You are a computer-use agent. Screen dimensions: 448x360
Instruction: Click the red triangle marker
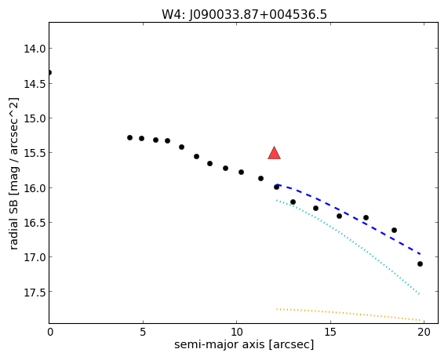[x=274, y=153]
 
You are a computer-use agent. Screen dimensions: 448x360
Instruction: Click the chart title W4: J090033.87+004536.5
[x=244, y=14]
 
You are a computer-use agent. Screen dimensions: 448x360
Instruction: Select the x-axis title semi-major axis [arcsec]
[x=244, y=344]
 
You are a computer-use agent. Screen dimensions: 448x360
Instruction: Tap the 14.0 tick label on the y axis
[x=35, y=49]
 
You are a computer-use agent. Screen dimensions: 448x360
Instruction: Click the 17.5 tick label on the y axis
[x=35, y=292]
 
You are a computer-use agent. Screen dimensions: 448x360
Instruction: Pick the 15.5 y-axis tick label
[x=35, y=153]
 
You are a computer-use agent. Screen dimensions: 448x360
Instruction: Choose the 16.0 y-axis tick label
[x=35, y=187]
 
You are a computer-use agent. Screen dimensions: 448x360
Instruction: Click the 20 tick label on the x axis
[x=424, y=332]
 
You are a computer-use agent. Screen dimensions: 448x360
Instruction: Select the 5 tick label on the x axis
[x=143, y=332]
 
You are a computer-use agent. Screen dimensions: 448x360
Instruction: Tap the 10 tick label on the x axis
[x=237, y=332]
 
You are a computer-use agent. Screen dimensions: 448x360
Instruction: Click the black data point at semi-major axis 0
[x=49, y=73]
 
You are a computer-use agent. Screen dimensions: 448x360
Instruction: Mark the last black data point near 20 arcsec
[x=420, y=264]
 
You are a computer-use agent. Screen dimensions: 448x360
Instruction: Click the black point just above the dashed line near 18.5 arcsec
[x=395, y=230]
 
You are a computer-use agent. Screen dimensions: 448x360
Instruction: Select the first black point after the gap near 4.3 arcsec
[x=129, y=138]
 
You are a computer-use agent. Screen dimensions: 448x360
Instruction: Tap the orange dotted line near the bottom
[x=348, y=314]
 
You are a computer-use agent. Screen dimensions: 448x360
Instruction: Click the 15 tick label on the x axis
[x=330, y=332]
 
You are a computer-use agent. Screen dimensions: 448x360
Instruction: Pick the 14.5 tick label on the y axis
[x=35, y=83]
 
